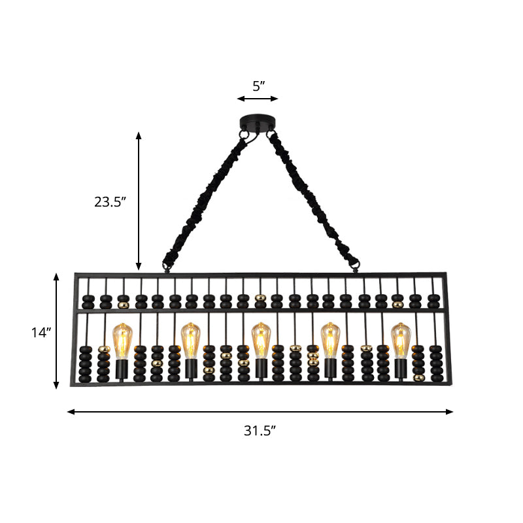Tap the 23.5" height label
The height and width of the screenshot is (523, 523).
(x=110, y=202)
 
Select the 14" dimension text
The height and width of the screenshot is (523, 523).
(x=41, y=332)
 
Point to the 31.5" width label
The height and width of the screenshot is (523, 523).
(x=260, y=430)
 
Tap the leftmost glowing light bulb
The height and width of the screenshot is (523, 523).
(x=122, y=340)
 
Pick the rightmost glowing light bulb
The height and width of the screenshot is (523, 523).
(x=400, y=340)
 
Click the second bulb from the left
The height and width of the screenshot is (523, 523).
(x=190, y=340)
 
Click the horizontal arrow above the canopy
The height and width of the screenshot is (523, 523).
(x=258, y=99)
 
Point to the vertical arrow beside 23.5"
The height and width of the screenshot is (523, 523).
(x=139, y=201)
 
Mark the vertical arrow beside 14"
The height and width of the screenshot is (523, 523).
(x=57, y=331)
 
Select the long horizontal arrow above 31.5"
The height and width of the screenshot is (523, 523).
(x=260, y=412)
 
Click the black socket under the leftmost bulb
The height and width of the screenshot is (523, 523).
(x=122, y=369)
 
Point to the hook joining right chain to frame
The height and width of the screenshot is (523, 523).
(x=356, y=265)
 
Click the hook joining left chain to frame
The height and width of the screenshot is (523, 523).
(x=165, y=267)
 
